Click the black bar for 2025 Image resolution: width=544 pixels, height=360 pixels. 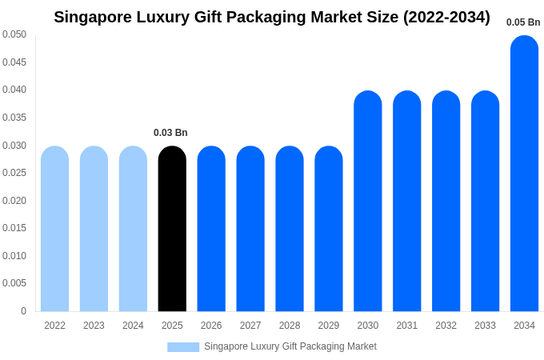tap(172, 229)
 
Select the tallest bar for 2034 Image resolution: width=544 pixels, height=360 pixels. tap(524, 174)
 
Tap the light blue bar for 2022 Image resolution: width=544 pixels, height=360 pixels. tap(54, 229)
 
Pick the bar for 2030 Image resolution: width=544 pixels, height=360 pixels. tap(368, 201)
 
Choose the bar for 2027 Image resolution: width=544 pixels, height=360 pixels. tap(250, 229)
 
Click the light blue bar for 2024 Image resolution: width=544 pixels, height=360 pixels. tap(133, 229)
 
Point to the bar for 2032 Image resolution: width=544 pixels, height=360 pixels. tap(446, 201)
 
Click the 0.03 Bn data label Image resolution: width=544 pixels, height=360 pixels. tap(170, 133)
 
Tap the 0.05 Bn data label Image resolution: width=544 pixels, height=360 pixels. tap(523, 22)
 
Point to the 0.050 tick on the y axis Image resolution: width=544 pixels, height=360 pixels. tap(14, 34)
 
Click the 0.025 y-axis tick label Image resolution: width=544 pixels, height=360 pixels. tap(14, 173)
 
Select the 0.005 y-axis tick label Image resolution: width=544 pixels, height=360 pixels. tap(14, 283)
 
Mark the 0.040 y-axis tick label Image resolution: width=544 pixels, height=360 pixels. tap(14, 90)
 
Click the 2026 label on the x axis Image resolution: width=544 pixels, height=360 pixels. tap(211, 326)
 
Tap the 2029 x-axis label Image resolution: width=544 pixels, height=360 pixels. tap(329, 326)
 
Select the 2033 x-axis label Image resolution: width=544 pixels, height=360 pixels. tap(485, 326)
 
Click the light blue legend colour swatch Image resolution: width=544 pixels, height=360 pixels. tap(183, 347)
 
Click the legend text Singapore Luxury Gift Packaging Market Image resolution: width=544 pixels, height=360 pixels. tap(290, 346)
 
